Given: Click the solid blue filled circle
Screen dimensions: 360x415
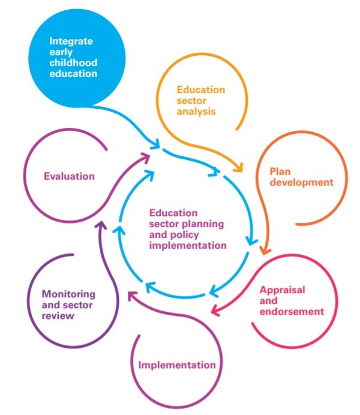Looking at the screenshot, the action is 77,58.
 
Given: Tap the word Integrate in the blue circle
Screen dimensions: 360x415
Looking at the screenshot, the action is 71,41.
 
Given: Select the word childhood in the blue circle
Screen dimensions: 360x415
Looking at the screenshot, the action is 73,62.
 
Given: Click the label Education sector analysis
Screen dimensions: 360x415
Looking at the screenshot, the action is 201,100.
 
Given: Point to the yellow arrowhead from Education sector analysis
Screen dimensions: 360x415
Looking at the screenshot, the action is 238,168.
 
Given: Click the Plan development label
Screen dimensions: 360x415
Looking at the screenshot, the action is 301,177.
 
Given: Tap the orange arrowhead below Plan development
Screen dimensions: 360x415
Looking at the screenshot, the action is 265,250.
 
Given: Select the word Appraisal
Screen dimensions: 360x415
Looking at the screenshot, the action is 282,290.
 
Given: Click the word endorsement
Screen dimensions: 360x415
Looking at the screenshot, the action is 292,312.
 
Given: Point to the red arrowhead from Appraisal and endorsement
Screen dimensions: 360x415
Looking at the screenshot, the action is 216,310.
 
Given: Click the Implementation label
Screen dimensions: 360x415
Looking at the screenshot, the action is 177,365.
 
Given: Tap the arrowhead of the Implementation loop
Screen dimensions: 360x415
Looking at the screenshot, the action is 133,296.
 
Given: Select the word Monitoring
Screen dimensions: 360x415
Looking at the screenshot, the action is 68,294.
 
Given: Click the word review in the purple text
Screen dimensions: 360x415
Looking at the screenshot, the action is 58,316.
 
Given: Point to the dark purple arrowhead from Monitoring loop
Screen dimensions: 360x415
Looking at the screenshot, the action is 101,225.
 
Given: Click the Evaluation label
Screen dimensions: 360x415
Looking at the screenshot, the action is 69,176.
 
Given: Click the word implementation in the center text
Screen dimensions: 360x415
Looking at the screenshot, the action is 188,246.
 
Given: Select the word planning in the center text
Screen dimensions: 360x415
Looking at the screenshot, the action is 203,224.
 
